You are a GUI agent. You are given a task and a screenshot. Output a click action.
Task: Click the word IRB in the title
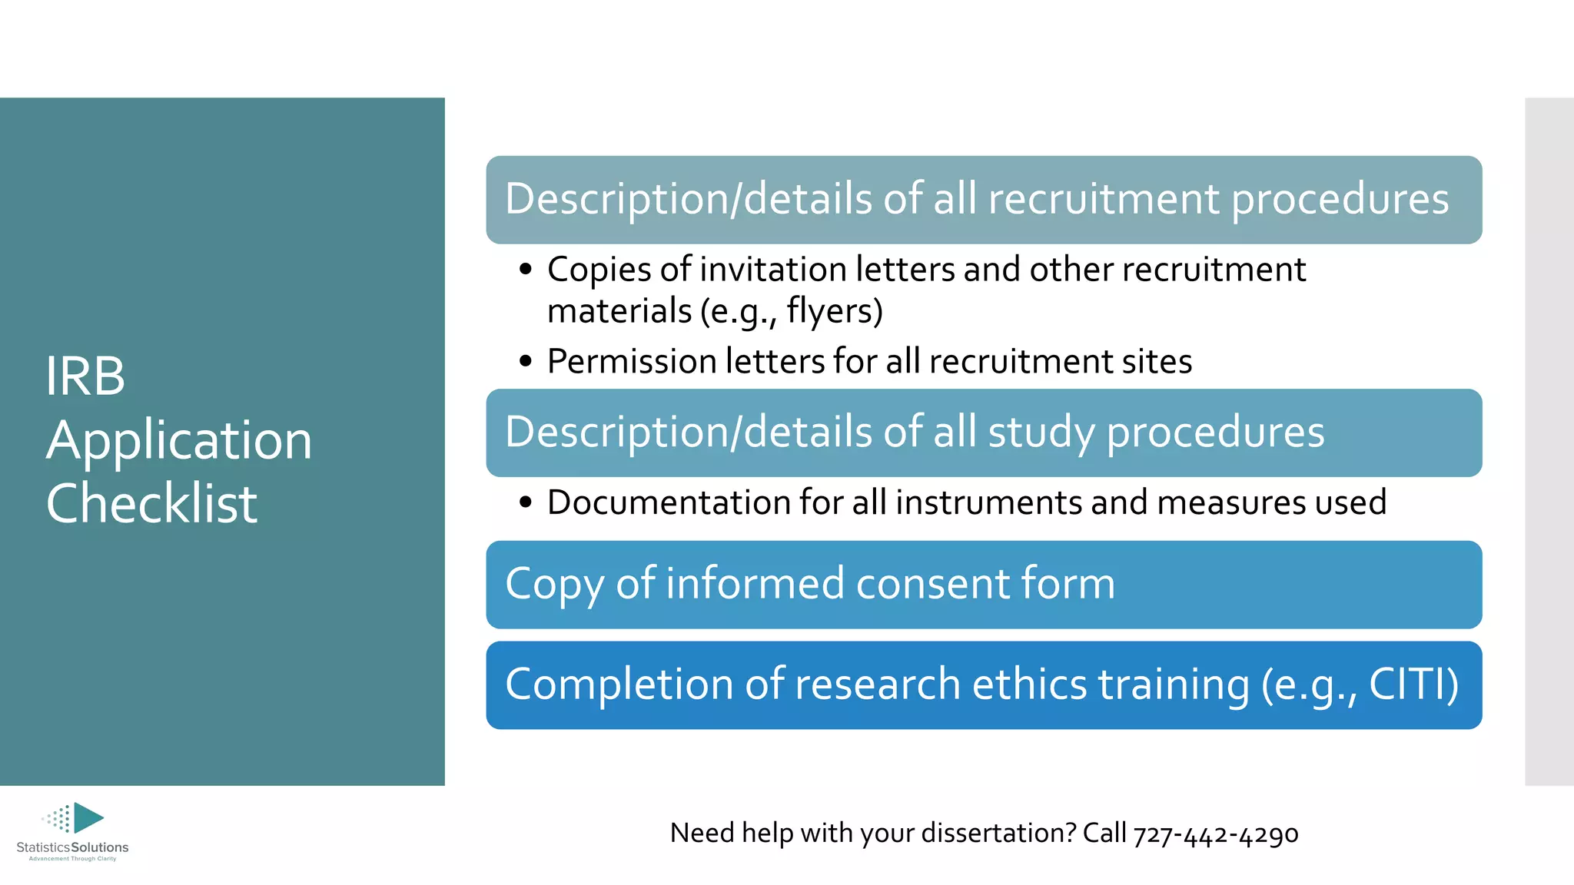coord(85,376)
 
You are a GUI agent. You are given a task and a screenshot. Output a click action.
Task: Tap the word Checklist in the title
coord(151,504)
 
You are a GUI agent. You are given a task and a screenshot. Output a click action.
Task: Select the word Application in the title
coord(179,441)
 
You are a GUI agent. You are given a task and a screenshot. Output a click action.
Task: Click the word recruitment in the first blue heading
coord(1103,199)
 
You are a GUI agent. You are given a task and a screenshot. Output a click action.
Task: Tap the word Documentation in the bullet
coord(668,502)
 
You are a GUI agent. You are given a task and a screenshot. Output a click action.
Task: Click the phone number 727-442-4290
coord(1216,834)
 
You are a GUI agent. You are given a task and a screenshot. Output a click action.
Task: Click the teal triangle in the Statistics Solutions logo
coord(88,817)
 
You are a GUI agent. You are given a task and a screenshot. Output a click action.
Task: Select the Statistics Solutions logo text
coord(72,847)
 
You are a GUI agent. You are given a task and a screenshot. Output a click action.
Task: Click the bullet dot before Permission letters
coord(526,361)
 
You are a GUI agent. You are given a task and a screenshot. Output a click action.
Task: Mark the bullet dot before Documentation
coord(526,502)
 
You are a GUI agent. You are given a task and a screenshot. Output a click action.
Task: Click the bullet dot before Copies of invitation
coord(526,270)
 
